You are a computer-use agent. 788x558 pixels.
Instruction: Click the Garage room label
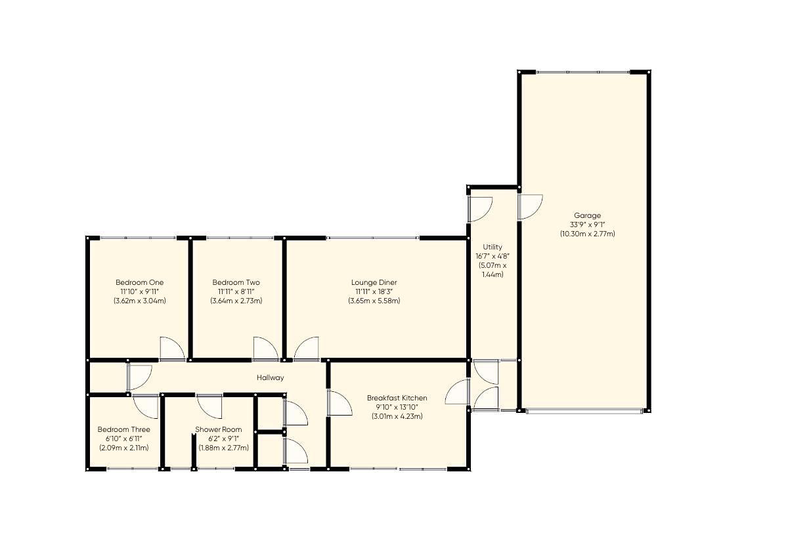pos(587,215)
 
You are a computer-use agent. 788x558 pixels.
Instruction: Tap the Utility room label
pos(492,247)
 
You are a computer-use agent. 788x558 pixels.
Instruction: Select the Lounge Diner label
pos(374,282)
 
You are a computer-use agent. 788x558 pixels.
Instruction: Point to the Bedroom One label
pos(139,282)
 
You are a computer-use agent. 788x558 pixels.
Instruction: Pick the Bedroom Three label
pos(123,429)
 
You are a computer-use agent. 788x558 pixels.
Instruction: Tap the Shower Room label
pos(218,429)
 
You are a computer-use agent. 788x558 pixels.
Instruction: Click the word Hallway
pos(270,377)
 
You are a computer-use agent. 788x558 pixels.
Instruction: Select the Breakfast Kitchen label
pos(397,398)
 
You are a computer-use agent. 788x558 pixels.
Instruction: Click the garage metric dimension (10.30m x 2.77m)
pos(587,234)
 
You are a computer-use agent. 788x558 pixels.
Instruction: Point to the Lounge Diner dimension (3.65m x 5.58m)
pos(374,301)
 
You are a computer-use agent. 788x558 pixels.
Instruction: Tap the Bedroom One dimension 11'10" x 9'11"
pos(139,291)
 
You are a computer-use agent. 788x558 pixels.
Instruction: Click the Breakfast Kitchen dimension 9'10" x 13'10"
pos(397,407)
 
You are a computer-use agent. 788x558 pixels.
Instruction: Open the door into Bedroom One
pos(172,349)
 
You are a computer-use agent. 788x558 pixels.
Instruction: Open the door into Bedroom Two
pos(265,349)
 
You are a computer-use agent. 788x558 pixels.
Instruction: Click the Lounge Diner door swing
pos(306,349)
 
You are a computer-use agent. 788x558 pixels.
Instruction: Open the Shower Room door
pos(210,405)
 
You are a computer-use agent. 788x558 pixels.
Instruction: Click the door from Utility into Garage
pos(529,207)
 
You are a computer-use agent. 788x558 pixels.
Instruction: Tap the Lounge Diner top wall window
pos(372,238)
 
